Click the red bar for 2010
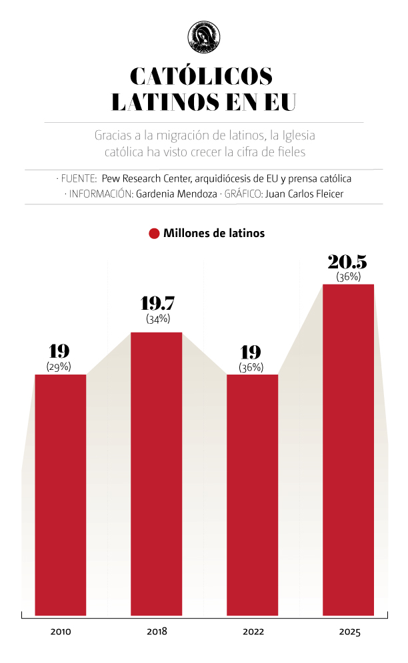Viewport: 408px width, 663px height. click(x=61, y=494)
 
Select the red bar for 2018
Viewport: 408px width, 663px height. click(x=157, y=473)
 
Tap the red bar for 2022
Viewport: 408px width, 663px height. click(x=253, y=494)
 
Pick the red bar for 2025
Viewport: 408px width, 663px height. click(x=349, y=449)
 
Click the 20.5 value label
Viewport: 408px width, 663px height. click(x=348, y=261)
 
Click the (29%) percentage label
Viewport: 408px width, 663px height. click(x=59, y=367)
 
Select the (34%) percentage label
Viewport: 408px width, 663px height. click(x=157, y=319)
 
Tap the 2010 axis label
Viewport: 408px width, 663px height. click(x=61, y=632)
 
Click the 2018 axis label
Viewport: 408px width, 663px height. click(x=157, y=632)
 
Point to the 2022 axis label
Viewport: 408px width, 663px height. click(x=253, y=632)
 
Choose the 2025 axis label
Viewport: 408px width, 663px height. click(x=349, y=632)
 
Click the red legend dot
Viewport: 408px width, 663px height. click(x=153, y=234)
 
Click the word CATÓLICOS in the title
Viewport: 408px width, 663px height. click(x=202, y=77)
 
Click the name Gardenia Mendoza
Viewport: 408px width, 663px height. click(x=175, y=194)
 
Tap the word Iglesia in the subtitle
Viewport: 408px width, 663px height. click(x=298, y=136)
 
